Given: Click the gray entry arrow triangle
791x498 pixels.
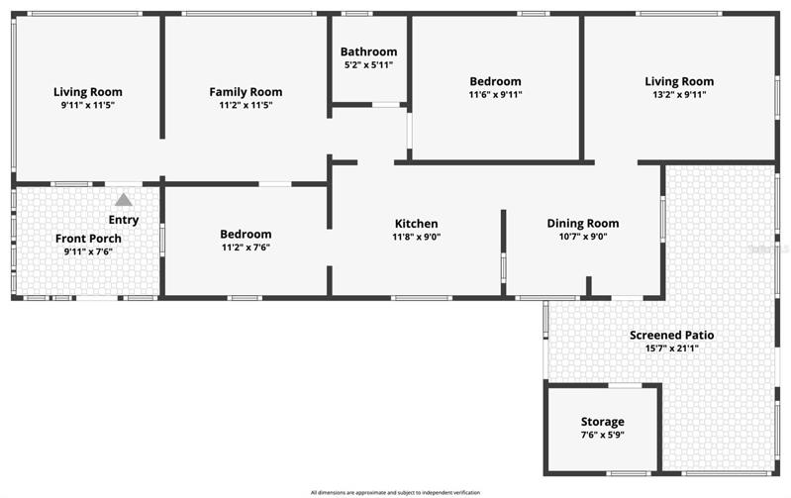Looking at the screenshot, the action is [x=124, y=200].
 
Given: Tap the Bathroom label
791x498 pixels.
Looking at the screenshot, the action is [x=368, y=51].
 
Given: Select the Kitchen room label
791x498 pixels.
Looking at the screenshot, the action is [x=416, y=224].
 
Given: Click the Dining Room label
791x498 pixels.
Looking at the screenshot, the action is [x=583, y=224].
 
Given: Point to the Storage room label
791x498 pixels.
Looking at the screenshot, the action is [x=602, y=422].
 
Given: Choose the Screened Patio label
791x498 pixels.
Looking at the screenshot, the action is [x=671, y=335].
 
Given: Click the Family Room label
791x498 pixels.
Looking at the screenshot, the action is [x=246, y=92].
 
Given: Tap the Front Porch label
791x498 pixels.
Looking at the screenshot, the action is [x=88, y=239].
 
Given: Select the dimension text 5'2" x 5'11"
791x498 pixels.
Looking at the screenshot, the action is [x=368, y=65].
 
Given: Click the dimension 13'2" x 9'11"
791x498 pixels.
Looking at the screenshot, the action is [x=679, y=95].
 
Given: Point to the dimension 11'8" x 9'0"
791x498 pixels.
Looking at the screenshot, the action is [x=416, y=238].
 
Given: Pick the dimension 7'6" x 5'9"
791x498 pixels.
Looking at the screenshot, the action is [x=602, y=435].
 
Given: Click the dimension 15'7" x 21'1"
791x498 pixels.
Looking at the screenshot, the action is [x=671, y=349].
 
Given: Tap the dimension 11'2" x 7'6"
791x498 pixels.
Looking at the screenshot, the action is [x=246, y=248].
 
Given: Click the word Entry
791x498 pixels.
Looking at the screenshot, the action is [x=124, y=220].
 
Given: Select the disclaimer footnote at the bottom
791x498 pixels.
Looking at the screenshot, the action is [x=396, y=492].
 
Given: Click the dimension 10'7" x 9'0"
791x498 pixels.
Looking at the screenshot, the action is [x=583, y=238].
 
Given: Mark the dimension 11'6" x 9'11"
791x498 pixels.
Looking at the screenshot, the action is [x=495, y=95].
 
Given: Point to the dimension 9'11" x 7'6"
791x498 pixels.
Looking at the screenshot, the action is [x=88, y=251].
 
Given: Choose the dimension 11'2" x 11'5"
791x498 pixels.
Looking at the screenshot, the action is [x=246, y=106].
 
